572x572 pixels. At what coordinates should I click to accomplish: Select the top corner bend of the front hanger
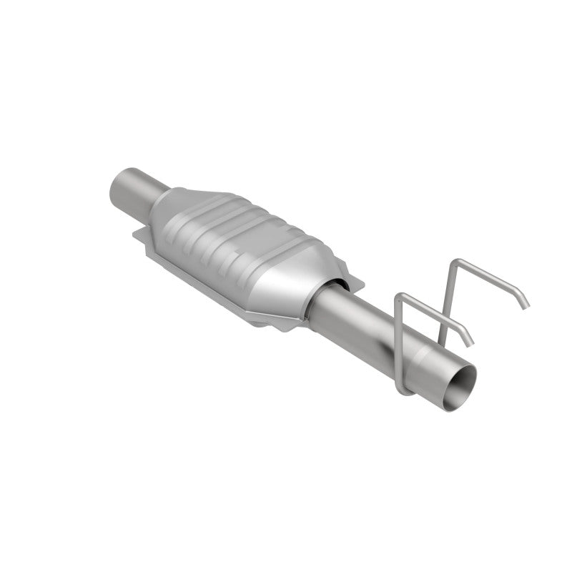[x=402, y=295]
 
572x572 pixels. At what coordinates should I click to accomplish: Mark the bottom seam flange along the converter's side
[x=207, y=286]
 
